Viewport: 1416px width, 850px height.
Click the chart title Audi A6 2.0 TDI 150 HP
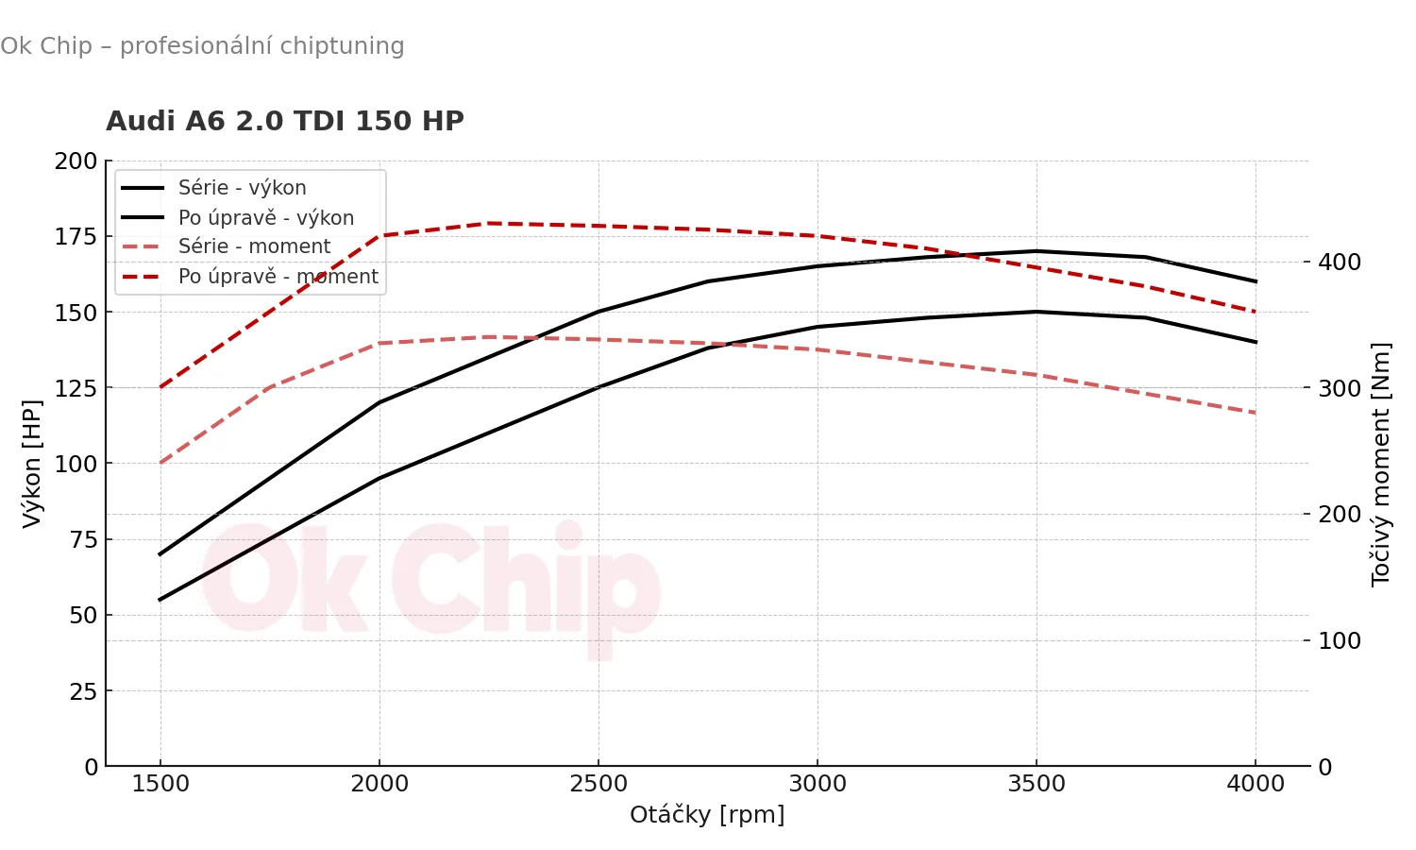284,121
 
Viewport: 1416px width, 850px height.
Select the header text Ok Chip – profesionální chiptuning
202,45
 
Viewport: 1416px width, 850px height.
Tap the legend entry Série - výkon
242,188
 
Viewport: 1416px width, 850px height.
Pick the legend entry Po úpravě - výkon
265,217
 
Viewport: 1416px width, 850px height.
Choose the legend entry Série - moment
254,246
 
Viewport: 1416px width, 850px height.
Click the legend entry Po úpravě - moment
278,277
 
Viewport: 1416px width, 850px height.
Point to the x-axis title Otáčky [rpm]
707,814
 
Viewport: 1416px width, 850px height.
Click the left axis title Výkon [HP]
32,463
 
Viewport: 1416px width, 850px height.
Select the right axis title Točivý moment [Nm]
1380,465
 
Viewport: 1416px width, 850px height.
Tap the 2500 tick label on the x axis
598,784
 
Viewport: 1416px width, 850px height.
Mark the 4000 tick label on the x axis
1256,784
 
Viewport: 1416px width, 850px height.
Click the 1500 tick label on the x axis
160,784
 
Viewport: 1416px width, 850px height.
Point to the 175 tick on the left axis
76,236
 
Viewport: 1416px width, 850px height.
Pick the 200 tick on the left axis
76,161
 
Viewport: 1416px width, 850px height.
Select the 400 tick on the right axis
1340,262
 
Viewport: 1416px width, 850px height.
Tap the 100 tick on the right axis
1340,640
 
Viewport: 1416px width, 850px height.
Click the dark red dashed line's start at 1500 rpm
160,387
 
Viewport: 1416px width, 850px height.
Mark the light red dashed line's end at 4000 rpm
1256,413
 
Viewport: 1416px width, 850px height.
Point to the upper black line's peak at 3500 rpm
1037,251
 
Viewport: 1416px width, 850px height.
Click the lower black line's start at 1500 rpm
160,600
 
